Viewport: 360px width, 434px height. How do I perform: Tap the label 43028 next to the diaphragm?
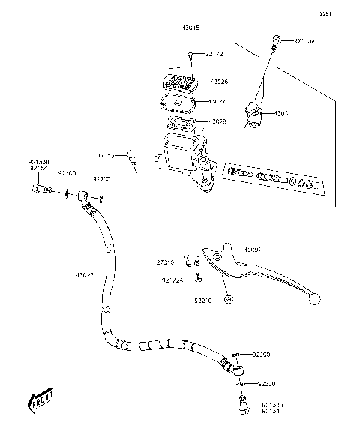click(x=217, y=121)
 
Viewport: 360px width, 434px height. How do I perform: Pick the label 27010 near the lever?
click(x=165, y=262)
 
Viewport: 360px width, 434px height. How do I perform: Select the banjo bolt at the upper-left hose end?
click(x=37, y=189)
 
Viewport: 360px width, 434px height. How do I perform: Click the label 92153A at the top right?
click(x=305, y=41)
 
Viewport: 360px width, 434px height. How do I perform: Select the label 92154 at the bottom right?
click(x=271, y=411)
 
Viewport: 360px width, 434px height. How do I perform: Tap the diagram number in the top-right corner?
click(x=346, y=13)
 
